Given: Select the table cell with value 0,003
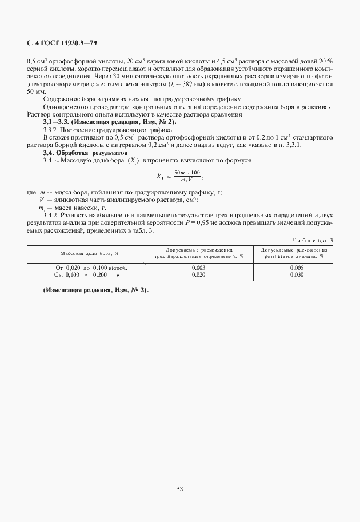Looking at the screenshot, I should click(198, 267).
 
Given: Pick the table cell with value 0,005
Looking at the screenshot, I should click(297, 267).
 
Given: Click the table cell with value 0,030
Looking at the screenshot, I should click(297, 274).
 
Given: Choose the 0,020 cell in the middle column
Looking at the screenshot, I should click(198, 274).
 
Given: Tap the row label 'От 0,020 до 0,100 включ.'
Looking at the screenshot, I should click(91, 267).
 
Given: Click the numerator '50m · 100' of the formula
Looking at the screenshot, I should click(187, 173).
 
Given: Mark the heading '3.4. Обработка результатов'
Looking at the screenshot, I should click(79, 153).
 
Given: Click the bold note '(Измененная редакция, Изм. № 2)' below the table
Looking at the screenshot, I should click(96, 290).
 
